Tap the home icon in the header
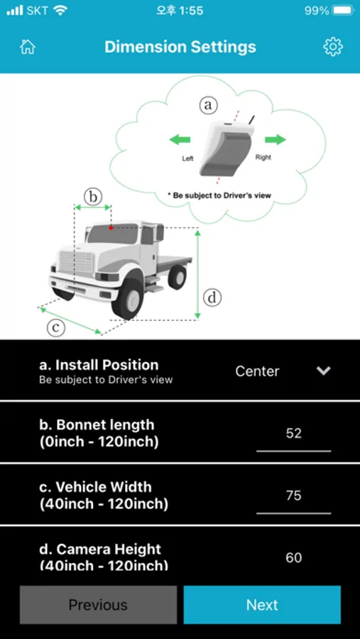pos(28,47)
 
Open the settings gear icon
pos(333,47)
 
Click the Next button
pos(262,605)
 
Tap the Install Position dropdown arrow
pos(323,371)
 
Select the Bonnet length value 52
pos(293,433)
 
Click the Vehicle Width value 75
pos(293,496)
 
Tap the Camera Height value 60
pos(293,557)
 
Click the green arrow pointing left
pos(180,140)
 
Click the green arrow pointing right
pos(276,140)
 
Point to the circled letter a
pos(208,105)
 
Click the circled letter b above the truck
pos(93,197)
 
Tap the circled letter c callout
pos(56,327)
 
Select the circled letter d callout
pos(212,298)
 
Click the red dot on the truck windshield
pos(111,228)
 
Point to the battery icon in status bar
pos(343,11)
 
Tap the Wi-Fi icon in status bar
pos(60,11)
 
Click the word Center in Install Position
pos(257,371)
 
